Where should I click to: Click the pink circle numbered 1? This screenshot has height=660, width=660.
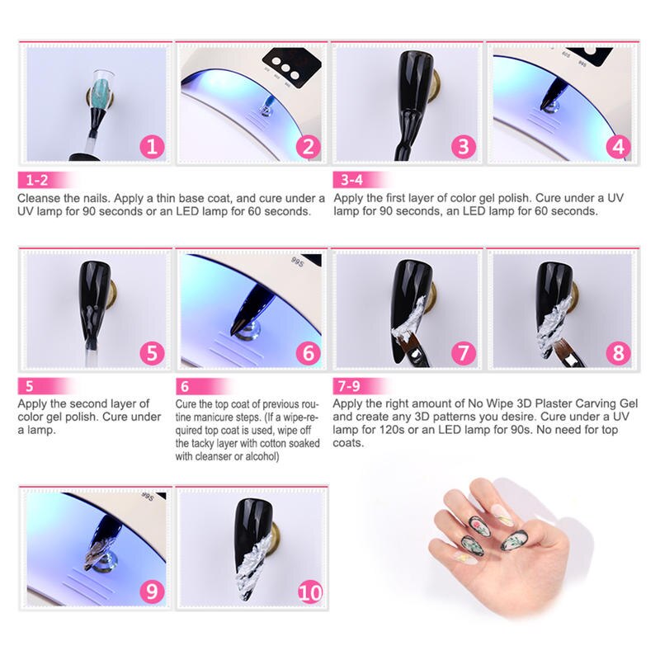(152, 147)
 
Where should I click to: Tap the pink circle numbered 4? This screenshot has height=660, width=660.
(618, 147)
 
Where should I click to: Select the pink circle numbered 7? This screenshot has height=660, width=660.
(464, 353)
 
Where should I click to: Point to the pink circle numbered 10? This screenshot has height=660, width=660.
(310, 592)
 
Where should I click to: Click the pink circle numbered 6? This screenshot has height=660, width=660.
(308, 353)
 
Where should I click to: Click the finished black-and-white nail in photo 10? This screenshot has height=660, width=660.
(252, 547)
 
